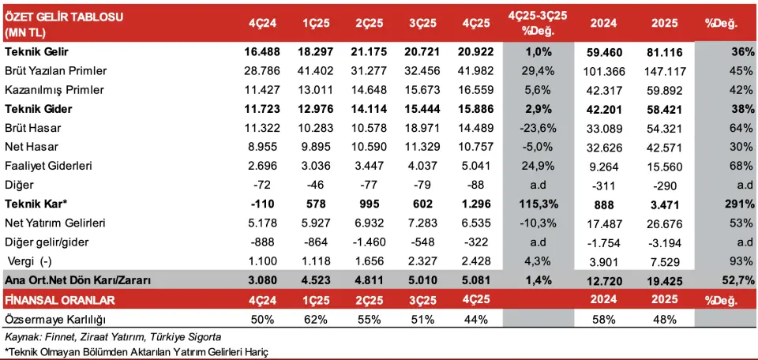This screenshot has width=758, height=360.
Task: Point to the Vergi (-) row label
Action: coord(35,261)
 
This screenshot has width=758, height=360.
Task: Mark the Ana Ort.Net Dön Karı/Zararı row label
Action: coord(77,280)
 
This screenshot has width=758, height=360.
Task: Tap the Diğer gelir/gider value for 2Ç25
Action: coord(369,242)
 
